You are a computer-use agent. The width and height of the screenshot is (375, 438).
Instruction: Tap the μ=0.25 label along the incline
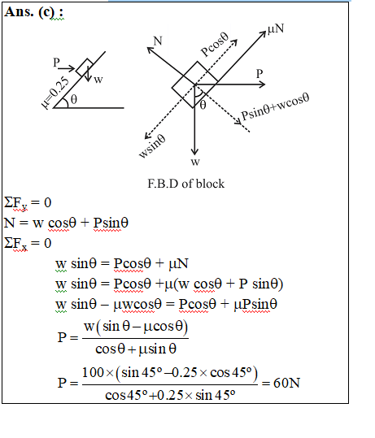(x=55, y=92)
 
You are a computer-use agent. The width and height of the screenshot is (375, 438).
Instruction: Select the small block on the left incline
(x=85, y=67)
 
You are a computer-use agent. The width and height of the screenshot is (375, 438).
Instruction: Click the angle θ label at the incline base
(x=73, y=99)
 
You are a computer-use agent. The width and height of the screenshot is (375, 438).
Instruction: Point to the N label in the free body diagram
(x=158, y=41)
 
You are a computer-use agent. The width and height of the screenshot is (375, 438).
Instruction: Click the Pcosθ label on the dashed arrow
(x=215, y=45)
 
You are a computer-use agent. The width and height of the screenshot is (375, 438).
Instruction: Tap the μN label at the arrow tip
(x=276, y=28)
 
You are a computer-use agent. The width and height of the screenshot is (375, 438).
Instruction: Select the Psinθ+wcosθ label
(x=275, y=106)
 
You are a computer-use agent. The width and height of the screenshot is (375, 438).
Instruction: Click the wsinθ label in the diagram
(x=152, y=145)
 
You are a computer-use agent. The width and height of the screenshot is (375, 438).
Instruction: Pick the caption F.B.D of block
(x=186, y=184)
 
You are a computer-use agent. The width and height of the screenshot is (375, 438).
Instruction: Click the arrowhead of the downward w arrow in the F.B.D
(x=194, y=152)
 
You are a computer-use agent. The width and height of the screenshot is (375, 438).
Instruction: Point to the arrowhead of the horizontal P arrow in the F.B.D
(x=262, y=84)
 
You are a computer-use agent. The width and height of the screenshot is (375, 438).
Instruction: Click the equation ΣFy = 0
(x=28, y=202)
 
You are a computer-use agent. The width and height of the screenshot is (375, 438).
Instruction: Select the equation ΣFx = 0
(x=28, y=243)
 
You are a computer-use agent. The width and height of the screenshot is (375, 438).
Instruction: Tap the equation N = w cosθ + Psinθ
(x=66, y=223)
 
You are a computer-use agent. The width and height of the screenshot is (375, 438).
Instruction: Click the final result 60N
(x=286, y=383)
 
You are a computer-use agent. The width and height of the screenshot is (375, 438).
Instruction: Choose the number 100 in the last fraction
(x=93, y=372)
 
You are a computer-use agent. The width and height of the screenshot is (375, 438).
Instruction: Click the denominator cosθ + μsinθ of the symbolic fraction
(x=136, y=349)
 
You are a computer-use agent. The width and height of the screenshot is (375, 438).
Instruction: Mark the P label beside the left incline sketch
(x=56, y=63)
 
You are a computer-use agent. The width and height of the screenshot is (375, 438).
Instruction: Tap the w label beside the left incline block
(x=98, y=80)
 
